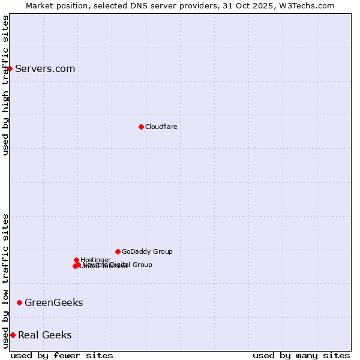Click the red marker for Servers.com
point(10,68)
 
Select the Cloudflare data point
point(141,127)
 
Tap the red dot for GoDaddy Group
point(118,251)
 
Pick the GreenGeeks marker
point(19,302)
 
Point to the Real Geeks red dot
point(13,335)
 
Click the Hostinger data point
point(76,260)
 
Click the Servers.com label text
point(45,68)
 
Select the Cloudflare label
point(161,127)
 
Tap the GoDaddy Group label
point(147,251)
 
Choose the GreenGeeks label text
point(53,302)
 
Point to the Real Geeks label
point(44,335)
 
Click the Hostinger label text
point(95,260)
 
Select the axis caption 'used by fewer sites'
point(62,355)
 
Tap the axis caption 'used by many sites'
point(301,355)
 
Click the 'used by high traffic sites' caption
point(5,85)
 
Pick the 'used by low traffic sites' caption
point(5,280)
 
